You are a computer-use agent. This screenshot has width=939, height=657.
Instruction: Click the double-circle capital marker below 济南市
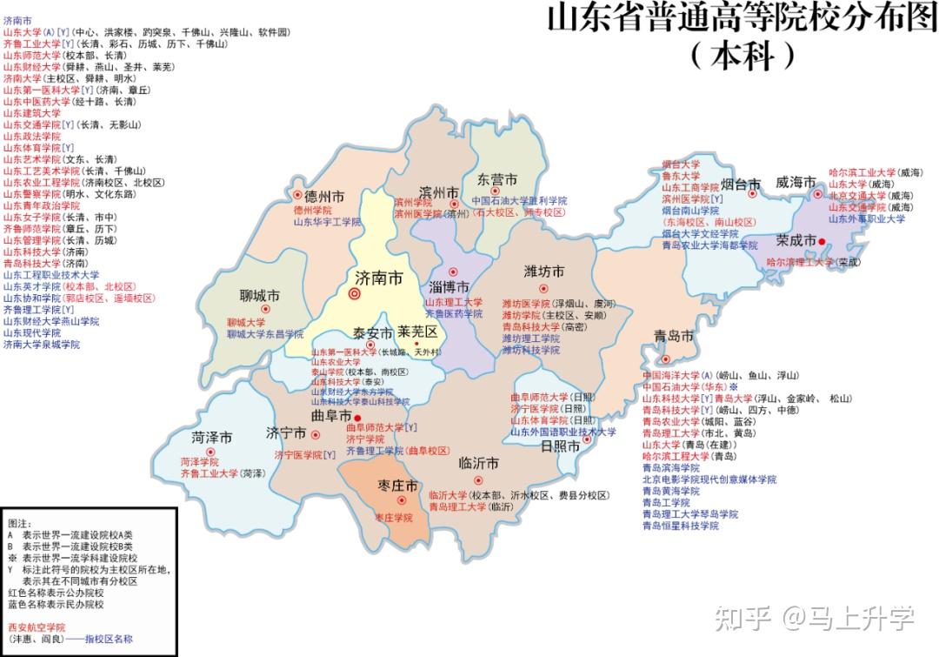(355, 295)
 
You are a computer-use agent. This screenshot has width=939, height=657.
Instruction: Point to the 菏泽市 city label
(212, 437)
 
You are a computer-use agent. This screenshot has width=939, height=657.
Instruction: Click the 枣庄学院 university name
(393, 517)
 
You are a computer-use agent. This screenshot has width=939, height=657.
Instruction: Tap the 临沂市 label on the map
(478, 462)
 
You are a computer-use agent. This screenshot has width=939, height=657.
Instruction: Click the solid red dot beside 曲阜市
(357, 418)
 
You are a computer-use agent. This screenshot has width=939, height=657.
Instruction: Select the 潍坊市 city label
(543, 272)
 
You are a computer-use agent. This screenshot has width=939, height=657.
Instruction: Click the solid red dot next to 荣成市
(822, 241)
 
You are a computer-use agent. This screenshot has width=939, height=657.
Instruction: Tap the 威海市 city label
(796, 183)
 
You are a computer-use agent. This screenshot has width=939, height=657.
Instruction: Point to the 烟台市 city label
(741, 184)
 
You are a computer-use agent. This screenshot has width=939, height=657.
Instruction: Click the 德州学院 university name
(312, 211)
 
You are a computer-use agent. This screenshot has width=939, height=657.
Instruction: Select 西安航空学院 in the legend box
(36, 627)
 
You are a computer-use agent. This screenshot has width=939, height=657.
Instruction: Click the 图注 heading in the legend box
(19, 524)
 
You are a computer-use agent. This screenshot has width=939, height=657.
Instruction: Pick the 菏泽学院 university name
(199, 462)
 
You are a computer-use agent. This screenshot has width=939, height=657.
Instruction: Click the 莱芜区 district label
(419, 332)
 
